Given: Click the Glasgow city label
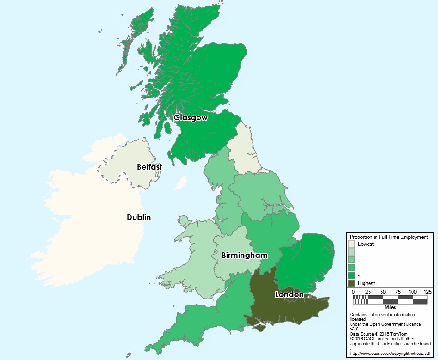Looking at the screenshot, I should (191, 118).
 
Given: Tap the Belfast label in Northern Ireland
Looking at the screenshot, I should (149, 167).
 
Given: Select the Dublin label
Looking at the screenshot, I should (139, 217).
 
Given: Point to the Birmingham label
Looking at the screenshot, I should (245, 255).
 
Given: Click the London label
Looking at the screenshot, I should (290, 294).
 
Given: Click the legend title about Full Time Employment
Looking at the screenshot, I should (389, 237).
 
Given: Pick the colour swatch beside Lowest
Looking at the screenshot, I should (352, 244).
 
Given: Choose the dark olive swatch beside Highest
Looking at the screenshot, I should (352, 283).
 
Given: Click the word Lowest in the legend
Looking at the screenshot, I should (365, 244).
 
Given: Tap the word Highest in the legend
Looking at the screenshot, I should (366, 283).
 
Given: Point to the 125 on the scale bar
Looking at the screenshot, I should (427, 292).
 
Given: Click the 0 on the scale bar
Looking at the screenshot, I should (353, 292).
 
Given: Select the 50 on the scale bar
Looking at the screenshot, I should (383, 292).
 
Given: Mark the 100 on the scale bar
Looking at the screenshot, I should (413, 292).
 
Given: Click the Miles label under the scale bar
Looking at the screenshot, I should (390, 307).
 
